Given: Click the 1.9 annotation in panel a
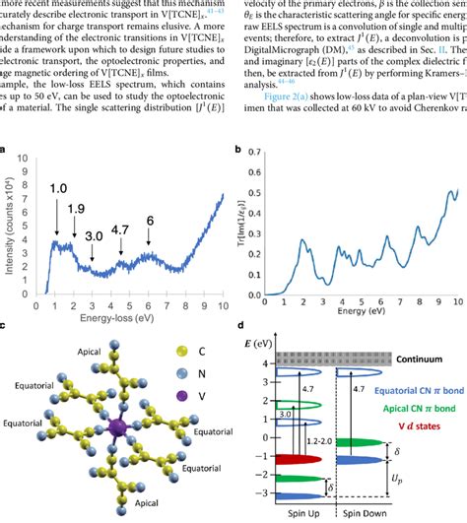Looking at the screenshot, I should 76,209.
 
